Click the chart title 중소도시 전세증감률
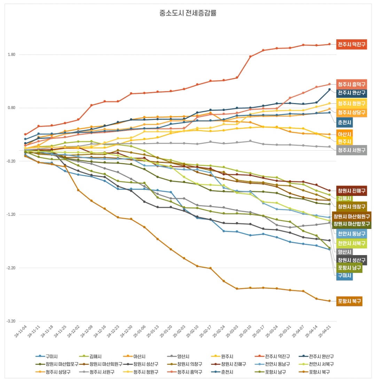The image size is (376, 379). tap(188, 14)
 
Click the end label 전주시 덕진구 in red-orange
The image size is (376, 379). tap(351, 45)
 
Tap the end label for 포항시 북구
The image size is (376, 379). tap(349, 301)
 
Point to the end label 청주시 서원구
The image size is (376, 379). tap(351, 150)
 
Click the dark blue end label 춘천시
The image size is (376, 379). tap(344, 123)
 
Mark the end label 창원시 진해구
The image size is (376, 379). tap(351, 191)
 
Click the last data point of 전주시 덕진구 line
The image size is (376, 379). tap(329, 44)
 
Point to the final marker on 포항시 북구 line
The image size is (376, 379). tap(329, 301)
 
